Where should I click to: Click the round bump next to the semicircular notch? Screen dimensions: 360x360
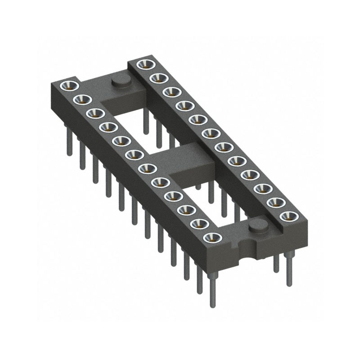(x=256, y=225)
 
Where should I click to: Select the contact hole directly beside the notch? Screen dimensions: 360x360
(x=210, y=237)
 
